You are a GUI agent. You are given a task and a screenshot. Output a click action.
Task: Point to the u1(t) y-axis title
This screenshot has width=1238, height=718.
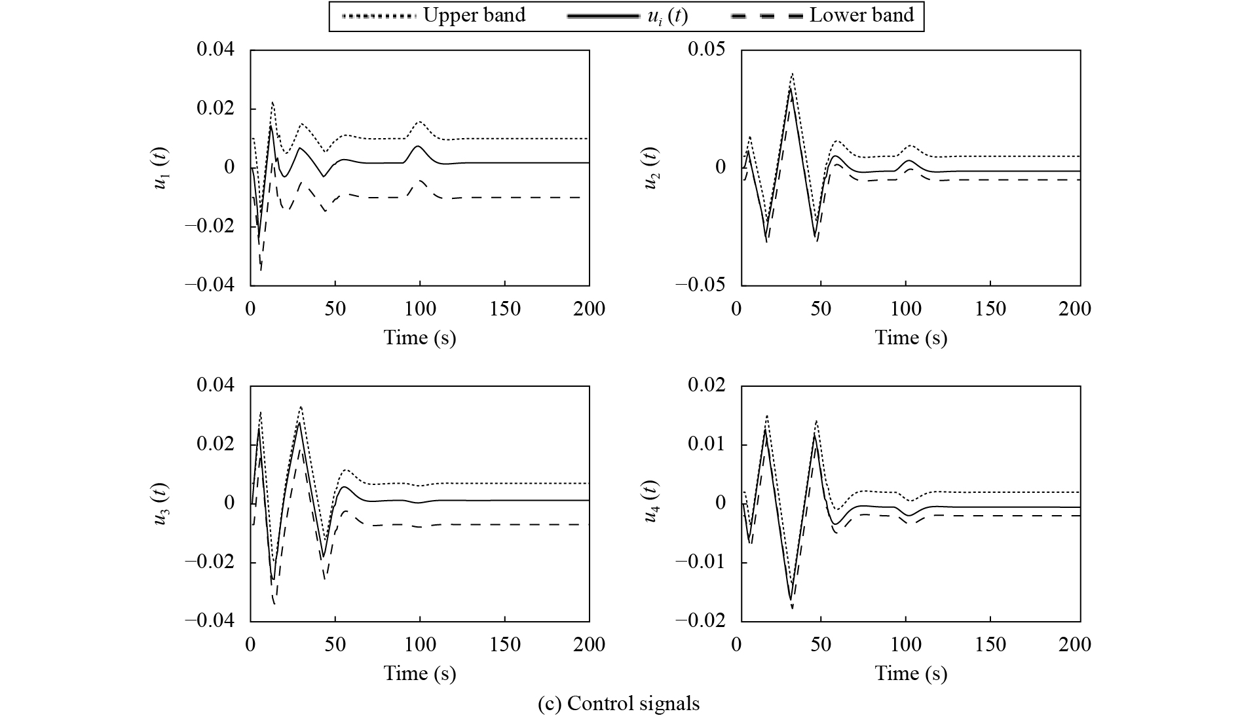coord(160,168)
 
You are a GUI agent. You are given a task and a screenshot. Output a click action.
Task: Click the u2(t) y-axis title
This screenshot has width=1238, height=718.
coord(650,168)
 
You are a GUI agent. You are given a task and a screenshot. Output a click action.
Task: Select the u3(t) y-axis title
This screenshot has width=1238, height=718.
coord(160,503)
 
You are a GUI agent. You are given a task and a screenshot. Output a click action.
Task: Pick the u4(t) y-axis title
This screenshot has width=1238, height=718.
coord(650,503)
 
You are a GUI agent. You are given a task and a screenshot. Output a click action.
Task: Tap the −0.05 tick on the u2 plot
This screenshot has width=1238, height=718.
coord(701,285)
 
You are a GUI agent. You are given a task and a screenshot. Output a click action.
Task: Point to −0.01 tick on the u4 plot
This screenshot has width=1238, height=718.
coord(701,562)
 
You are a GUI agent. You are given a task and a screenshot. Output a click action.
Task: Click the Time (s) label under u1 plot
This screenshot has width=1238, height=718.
coord(419,338)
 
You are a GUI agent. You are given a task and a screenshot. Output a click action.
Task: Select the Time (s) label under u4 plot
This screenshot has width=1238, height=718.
coord(910,673)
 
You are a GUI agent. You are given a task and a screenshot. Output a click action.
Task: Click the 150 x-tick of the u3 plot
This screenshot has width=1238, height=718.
coord(504,645)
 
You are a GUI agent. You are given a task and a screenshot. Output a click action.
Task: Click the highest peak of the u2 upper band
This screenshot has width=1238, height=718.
coord(792,73)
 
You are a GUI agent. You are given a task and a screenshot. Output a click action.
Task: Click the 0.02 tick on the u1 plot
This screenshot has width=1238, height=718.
coord(216,108)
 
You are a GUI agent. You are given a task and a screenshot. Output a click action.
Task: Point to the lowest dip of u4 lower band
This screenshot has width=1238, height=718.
coord(793,608)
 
